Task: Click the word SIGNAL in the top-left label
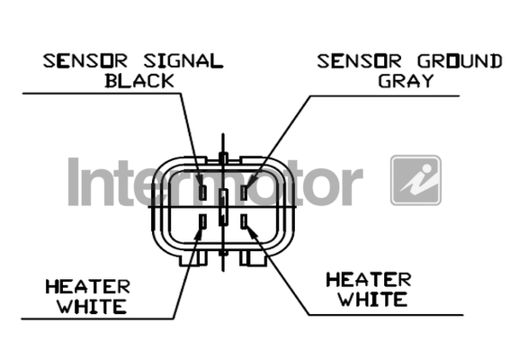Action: (x=183, y=61)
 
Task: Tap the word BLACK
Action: (x=139, y=81)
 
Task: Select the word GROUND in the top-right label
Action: (x=460, y=61)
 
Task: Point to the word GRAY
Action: (x=406, y=80)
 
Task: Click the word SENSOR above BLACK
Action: (x=85, y=61)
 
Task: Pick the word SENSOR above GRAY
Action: (x=359, y=61)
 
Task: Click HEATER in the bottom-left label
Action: (x=88, y=287)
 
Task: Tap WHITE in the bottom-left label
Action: (x=92, y=306)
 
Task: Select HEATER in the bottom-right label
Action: (x=369, y=280)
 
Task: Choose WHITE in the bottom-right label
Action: (x=373, y=299)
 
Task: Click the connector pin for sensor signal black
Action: (x=202, y=193)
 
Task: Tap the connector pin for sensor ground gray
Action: (x=244, y=193)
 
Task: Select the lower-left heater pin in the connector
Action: (x=202, y=221)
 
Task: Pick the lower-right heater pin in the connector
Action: (x=244, y=221)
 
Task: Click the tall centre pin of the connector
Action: (x=223, y=207)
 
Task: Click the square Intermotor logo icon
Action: (x=416, y=180)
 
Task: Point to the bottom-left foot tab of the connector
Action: (x=192, y=258)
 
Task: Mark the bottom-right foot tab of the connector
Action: (x=254, y=258)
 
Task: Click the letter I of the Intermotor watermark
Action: (x=74, y=182)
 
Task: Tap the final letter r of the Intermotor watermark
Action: (x=353, y=187)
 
